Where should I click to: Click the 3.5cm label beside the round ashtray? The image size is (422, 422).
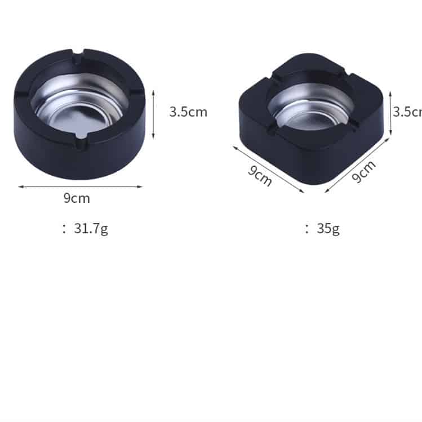(188, 112)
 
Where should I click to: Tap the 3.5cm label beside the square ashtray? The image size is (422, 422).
(407, 112)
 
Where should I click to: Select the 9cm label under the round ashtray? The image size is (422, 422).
(76, 198)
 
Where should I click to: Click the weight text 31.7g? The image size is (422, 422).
(91, 228)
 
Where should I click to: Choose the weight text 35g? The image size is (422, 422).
(328, 228)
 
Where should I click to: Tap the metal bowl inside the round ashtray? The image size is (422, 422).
(79, 107)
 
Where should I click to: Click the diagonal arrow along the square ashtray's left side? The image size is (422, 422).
(269, 169)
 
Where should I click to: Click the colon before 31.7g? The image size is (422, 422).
(64, 229)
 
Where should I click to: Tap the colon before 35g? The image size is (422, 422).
(307, 229)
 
